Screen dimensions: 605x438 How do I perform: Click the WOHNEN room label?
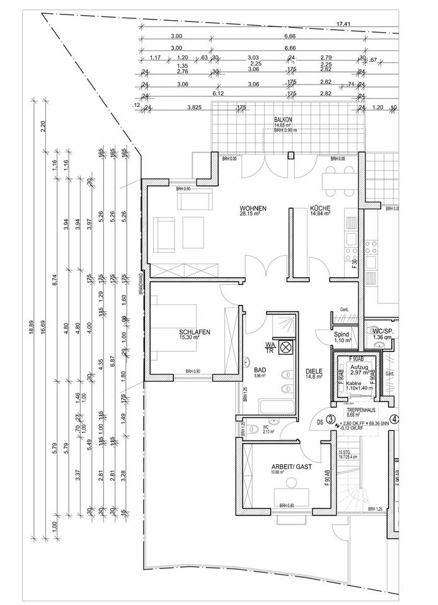(x=253, y=209)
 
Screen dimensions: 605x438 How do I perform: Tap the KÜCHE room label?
(x=321, y=209)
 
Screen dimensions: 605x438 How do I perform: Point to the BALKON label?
(x=283, y=119)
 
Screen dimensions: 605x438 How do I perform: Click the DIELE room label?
(x=314, y=371)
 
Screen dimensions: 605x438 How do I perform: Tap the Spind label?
(x=342, y=335)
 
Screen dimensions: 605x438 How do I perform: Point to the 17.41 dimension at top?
(x=343, y=25)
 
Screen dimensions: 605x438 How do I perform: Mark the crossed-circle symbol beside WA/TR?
(x=285, y=346)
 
